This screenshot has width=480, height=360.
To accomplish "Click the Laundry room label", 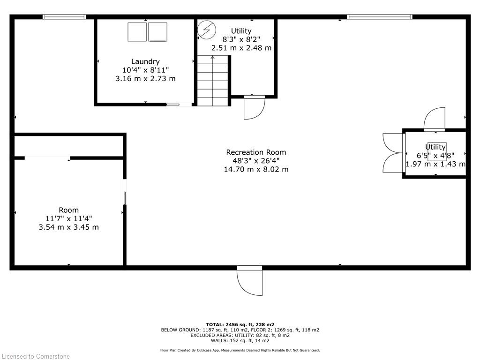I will pos(145,61).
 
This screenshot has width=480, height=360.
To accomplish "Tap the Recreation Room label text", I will pos(256,152).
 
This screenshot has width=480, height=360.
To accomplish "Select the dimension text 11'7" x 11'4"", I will pos(68,218).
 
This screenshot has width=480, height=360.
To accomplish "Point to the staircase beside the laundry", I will pos(213,80).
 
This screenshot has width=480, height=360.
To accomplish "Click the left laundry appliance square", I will pos(137,32).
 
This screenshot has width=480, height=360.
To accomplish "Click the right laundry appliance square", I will pos(157,32).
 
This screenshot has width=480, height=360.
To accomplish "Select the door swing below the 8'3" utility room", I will pos(255,108).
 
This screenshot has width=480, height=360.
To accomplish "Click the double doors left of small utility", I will pos(393,153).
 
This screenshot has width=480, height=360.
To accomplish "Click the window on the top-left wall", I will pos(64,17).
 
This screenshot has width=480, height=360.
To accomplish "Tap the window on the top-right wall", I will pos(379,17).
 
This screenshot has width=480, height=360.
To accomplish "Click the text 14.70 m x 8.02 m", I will pos(256,169).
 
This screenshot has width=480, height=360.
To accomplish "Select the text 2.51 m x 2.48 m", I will pos(241,48).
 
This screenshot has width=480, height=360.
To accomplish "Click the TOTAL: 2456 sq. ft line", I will pos(240,324).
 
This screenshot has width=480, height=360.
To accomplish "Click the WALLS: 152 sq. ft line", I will pos(240,341).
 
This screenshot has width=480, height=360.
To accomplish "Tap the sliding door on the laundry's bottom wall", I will pos(179,105).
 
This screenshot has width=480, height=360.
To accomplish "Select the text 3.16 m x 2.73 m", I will pos(145,79).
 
